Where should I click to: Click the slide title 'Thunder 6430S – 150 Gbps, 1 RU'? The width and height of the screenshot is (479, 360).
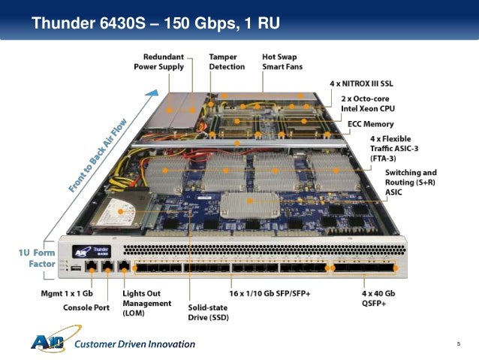click(155, 23)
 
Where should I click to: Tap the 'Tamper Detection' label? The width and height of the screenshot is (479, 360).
click(227, 62)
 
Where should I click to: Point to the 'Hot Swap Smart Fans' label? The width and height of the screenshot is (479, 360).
click(283, 62)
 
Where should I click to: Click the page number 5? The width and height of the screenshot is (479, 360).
click(457, 343)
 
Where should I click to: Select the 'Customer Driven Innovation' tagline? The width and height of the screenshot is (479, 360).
click(134, 344)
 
